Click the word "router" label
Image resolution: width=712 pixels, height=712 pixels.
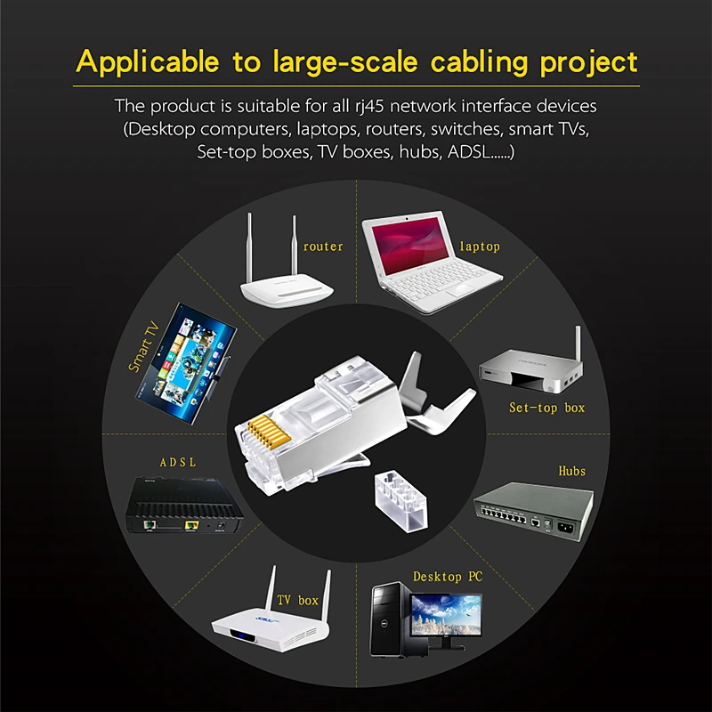[x=322, y=246]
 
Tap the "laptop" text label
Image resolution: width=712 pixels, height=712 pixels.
[x=479, y=246]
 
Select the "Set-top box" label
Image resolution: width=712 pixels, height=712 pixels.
[x=546, y=408]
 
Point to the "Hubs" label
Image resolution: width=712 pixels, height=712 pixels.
[x=571, y=470]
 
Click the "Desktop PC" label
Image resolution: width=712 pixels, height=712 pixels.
[x=447, y=577]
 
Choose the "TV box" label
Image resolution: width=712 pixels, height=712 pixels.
[x=297, y=601]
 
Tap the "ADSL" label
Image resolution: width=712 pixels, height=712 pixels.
[x=177, y=463]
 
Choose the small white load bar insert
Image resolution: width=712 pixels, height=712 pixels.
[x=400, y=499]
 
